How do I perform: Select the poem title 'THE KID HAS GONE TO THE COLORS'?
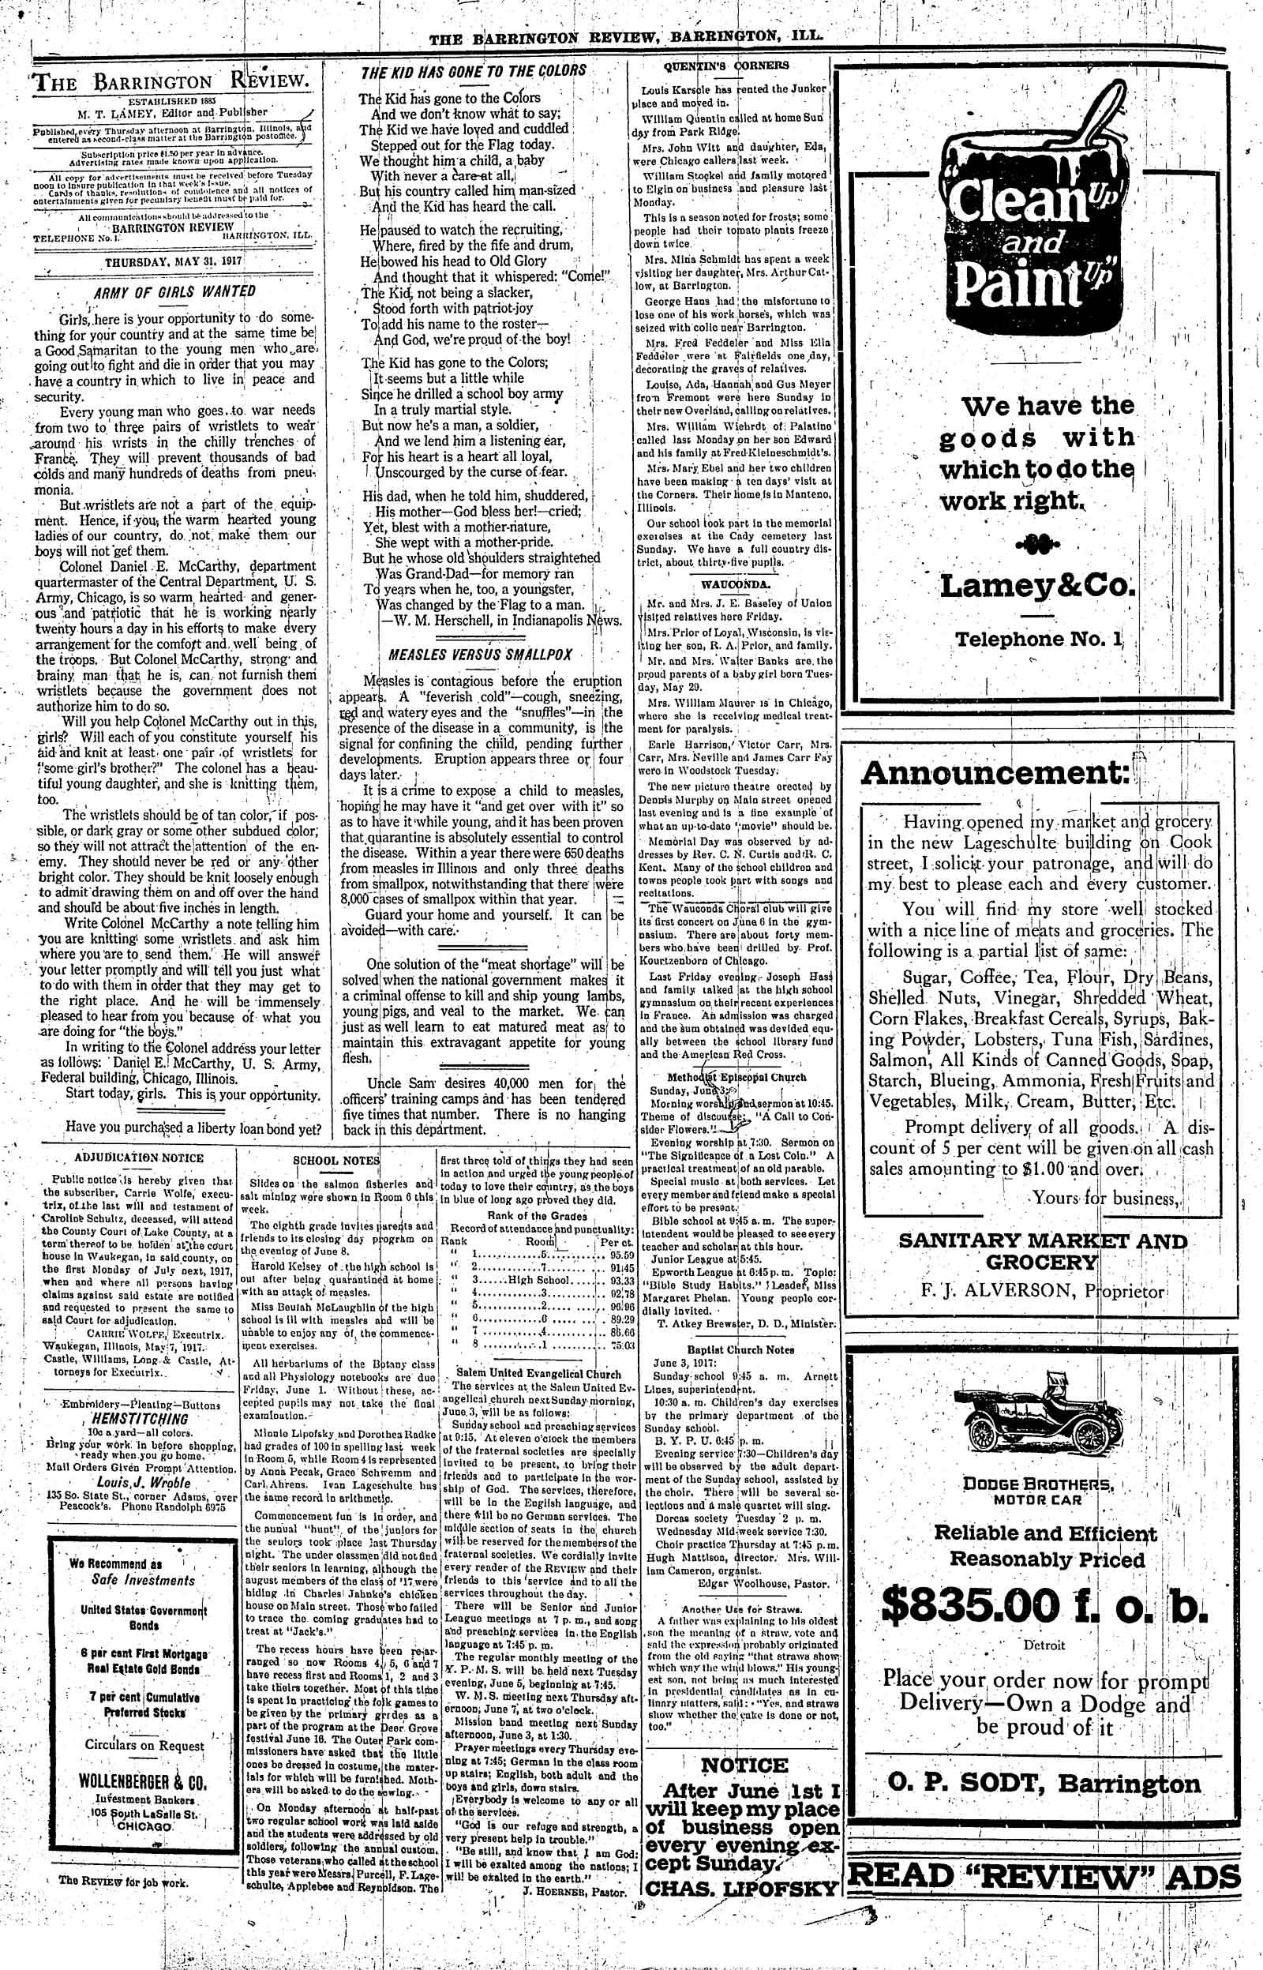click(x=474, y=70)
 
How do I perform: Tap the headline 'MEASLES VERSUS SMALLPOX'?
click(x=479, y=655)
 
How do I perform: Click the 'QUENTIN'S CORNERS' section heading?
click(x=729, y=66)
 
